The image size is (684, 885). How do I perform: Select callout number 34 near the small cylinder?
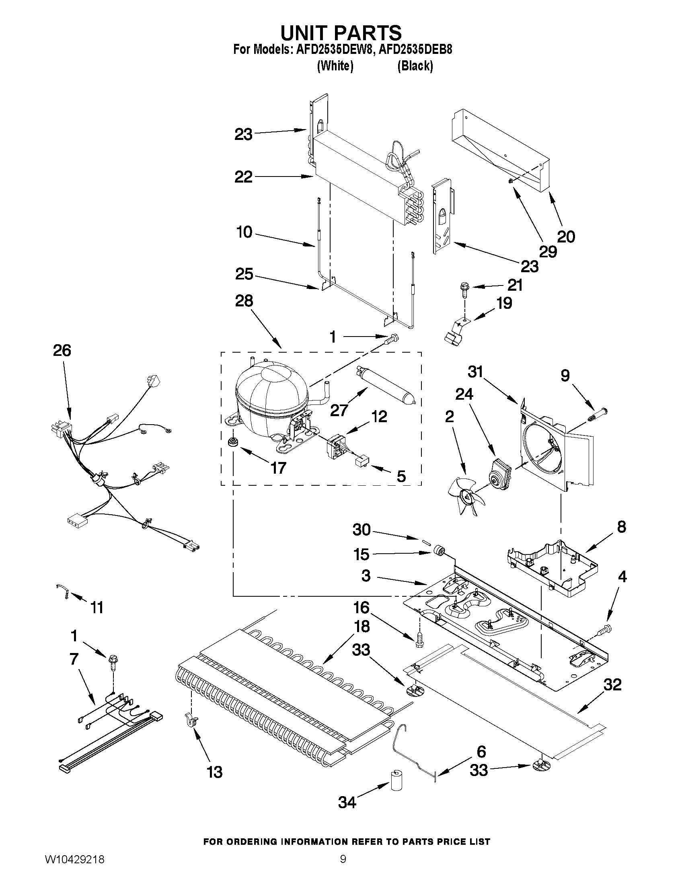click(x=347, y=801)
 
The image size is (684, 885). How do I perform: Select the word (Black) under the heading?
click(x=415, y=66)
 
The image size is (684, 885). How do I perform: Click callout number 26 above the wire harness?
click(x=62, y=350)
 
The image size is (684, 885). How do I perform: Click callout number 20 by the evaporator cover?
click(x=566, y=236)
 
